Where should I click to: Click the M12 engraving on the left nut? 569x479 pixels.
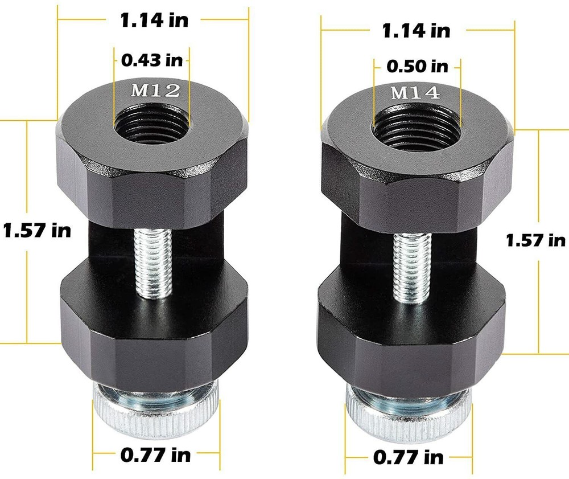coord(152,90)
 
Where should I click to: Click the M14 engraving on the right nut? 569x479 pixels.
coord(415,93)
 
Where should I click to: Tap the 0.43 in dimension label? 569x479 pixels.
coord(153,58)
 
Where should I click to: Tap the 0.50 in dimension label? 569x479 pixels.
coord(417,66)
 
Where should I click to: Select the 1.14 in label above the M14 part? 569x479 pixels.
coord(416,30)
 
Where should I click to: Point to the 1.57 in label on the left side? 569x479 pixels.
coord(36,231)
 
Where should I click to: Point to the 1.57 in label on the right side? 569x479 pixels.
coord(535,240)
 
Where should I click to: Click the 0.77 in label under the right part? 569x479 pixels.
coord(409,457)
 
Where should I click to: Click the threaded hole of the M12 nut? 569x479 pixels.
coord(152,122)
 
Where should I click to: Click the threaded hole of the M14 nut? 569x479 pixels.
coord(415,126)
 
